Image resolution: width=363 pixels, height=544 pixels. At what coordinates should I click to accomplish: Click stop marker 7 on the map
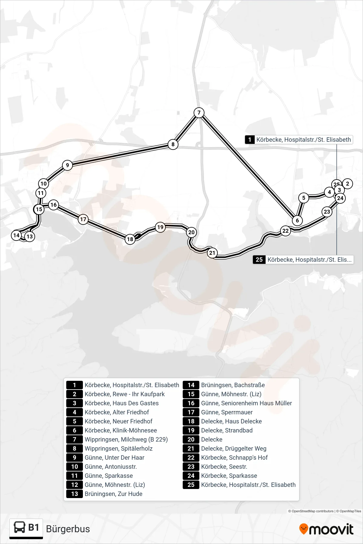[x=199, y=113]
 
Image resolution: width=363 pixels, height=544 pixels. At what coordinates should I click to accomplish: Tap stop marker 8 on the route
[x=173, y=144]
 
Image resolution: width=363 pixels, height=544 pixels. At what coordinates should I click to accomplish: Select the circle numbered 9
[x=67, y=165]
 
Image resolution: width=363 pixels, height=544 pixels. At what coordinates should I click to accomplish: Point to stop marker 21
[x=212, y=253]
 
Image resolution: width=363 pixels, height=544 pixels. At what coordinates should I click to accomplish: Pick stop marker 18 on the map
[x=130, y=239]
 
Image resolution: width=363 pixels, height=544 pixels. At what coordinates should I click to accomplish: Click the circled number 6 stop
[x=297, y=220]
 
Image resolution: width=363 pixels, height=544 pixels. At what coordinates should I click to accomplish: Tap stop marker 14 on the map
[x=16, y=235]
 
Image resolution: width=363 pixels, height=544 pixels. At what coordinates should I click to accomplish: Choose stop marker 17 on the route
[x=83, y=219]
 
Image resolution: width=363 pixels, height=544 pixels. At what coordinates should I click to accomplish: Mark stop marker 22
[x=286, y=231]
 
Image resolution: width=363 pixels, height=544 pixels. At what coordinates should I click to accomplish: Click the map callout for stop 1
[x=299, y=140]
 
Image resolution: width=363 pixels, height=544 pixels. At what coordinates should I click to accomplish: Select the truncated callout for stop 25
[x=303, y=260]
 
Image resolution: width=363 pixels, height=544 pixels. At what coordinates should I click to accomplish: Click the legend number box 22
[x=191, y=458]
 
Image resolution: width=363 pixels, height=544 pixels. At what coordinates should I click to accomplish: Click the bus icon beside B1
[x=20, y=527]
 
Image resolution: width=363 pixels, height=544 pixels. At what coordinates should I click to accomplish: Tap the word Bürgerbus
[x=68, y=529]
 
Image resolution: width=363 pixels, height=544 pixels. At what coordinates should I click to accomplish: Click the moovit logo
[x=326, y=529]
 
